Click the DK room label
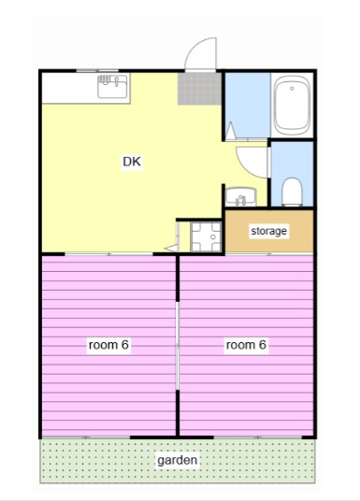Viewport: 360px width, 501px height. click(x=132, y=162)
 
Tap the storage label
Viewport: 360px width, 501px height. click(x=268, y=231)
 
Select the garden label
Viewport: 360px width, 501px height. click(x=177, y=460)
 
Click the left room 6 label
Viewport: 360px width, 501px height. click(x=108, y=345)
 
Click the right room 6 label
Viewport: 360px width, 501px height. click(x=246, y=345)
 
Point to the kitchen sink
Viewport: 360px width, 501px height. click(x=112, y=86)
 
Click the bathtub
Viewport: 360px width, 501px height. click(x=293, y=105)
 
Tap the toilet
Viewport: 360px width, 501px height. click(x=292, y=192)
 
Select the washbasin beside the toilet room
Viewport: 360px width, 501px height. click(x=240, y=196)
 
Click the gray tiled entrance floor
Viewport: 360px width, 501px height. click(x=200, y=89)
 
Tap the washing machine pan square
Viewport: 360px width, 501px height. click(x=206, y=236)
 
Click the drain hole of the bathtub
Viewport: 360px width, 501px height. click(x=292, y=89)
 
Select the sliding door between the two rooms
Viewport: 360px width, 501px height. click(x=178, y=346)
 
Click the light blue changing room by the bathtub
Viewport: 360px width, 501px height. click(x=248, y=106)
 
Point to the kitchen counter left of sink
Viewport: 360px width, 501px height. click(x=70, y=88)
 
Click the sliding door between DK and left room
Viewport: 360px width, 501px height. click(x=108, y=254)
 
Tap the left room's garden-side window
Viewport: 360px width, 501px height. click(x=86, y=437)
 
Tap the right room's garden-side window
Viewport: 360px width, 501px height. click(x=258, y=437)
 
